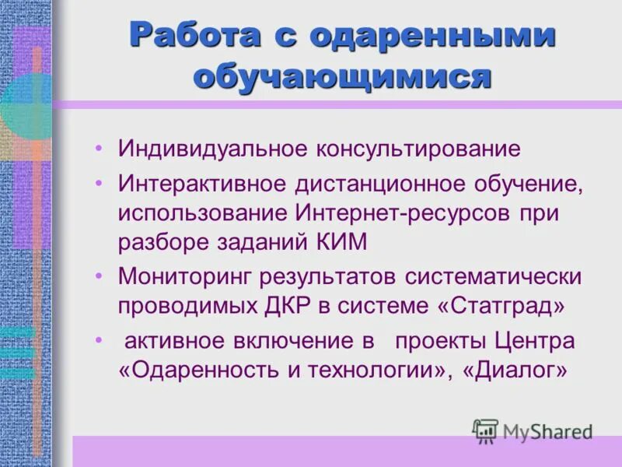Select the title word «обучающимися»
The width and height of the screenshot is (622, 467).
coord(342,78)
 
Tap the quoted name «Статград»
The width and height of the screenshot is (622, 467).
coord(501,305)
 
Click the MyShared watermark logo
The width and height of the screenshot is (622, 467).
coord(533,430)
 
